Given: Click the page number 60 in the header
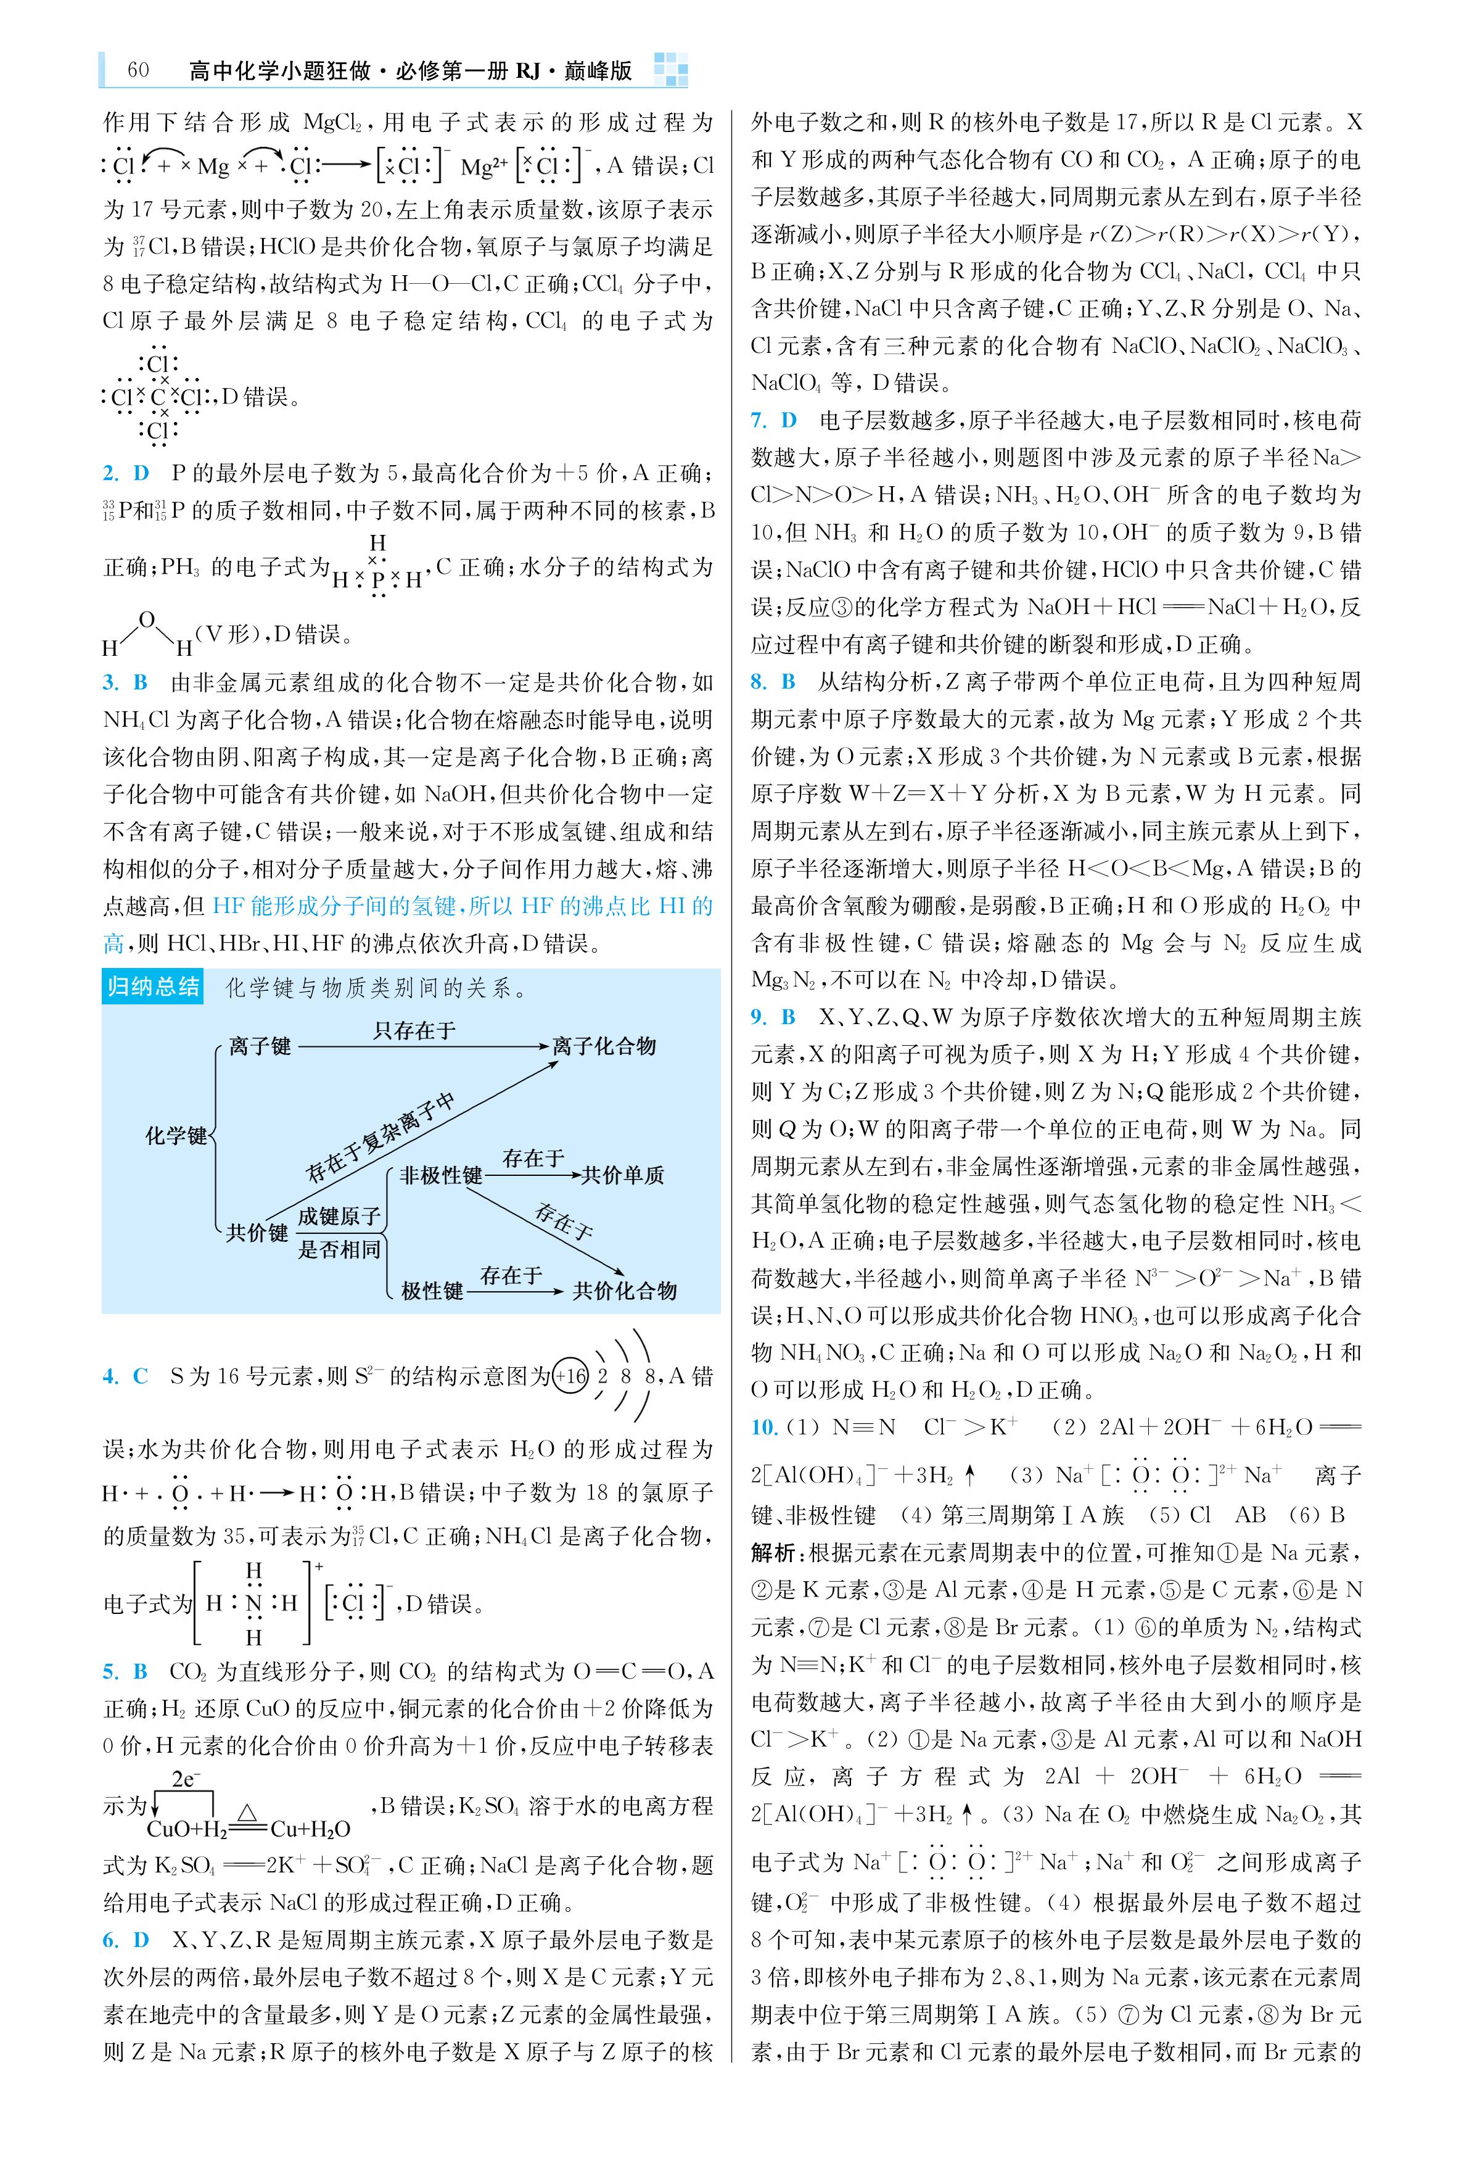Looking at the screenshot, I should coord(138,71).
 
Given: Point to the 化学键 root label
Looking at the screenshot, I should coord(176,1135).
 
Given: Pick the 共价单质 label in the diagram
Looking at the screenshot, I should coord(623,1176).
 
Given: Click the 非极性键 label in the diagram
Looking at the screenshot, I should coord(441,1176).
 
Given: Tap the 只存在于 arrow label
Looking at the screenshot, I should coord(414,1030).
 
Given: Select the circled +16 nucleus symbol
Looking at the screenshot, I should coord(570,1376).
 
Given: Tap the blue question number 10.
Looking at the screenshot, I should coord(763,1427).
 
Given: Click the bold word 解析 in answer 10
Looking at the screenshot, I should coord(773,1553).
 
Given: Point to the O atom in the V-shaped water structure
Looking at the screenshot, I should coord(147,619).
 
